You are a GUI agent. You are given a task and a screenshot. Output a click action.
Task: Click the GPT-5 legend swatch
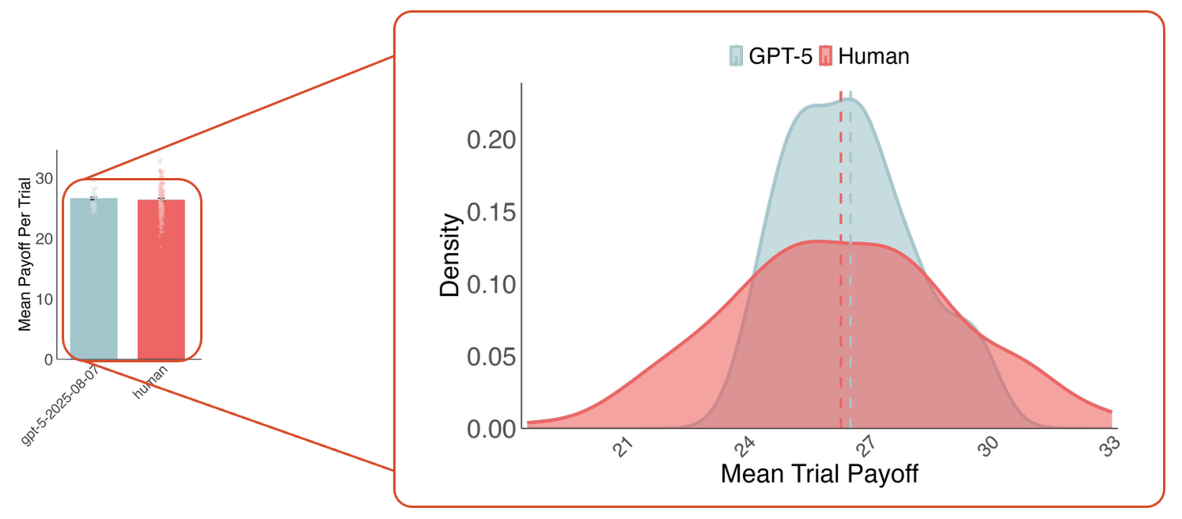click(x=737, y=56)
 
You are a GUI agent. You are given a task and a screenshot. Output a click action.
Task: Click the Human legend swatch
click(x=826, y=56)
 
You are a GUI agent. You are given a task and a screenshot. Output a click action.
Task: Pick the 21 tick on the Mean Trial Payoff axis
click(x=624, y=448)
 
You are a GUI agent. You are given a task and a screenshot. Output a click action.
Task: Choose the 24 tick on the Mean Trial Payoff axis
click(x=745, y=448)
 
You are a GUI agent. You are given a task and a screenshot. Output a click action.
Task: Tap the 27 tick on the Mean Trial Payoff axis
click(x=867, y=448)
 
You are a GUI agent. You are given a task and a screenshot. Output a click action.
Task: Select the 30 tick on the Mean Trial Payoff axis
click(x=989, y=448)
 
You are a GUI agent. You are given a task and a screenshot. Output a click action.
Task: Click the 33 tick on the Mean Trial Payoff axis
click(x=1110, y=448)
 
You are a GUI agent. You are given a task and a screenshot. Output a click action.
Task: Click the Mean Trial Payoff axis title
click(x=820, y=474)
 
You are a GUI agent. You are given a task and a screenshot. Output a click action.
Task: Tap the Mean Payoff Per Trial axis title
click(x=25, y=254)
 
